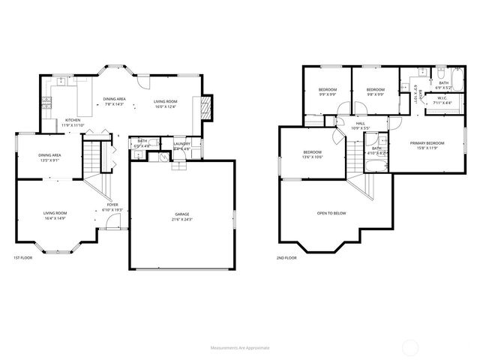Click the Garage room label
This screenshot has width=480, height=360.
[x=183, y=214]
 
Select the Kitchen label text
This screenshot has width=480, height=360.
[x=73, y=120]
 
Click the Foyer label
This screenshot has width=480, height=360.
[x=112, y=204]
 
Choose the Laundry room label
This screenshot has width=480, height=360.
[x=182, y=143]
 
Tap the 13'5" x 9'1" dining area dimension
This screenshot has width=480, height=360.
[x=50, y=160]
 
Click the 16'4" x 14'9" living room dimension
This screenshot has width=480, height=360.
[x=55, y=218]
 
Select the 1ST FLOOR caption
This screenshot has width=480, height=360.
[x=23, y=257]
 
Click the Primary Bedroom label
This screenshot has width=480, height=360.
[x=427, y=142]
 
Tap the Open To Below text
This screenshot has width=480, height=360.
[x=331, y=213]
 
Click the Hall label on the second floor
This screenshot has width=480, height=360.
[x=360, y=123]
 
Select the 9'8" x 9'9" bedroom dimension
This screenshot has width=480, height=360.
[x=375, y=95]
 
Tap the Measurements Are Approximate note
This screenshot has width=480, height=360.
[x=240, y=348]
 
